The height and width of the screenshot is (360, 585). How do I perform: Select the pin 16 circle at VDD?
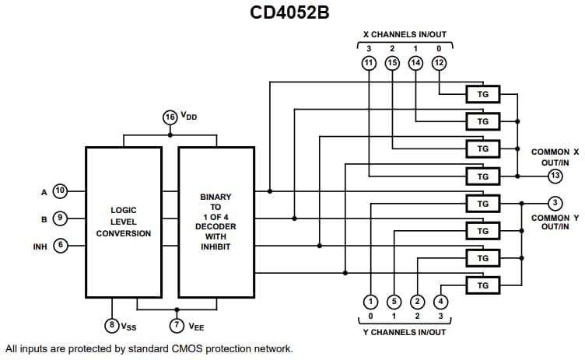click(170, 117)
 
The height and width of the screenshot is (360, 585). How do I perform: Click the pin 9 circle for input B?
click(61, 218)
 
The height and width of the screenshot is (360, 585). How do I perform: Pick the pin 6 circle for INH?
click(61, 246)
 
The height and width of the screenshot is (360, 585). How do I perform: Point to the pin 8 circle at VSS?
click(112, 325)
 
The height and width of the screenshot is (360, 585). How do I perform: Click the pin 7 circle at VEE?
click(177, 325)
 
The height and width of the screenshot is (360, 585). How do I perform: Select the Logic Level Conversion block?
click(124, 222)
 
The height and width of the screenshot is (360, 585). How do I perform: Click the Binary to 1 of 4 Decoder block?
click(216, 222)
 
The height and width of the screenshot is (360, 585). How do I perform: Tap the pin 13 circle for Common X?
click(555, 176)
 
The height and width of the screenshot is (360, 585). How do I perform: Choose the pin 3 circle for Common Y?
click(555, 204)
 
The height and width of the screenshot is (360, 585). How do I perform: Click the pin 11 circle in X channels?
click(369, 63)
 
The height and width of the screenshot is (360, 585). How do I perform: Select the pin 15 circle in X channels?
click(393, 63)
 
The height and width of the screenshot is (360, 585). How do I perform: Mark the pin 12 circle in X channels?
click(440, 63)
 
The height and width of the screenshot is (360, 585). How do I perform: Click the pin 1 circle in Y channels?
click(371, 302)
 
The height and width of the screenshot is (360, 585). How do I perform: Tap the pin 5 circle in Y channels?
click(394, 302)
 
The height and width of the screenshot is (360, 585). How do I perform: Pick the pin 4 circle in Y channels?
click(440, 302)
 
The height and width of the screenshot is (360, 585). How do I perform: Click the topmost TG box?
click(482, 94)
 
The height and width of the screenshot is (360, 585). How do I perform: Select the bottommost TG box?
click(482, 285)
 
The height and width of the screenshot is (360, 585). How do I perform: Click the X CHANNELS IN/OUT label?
click(405, 35)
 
